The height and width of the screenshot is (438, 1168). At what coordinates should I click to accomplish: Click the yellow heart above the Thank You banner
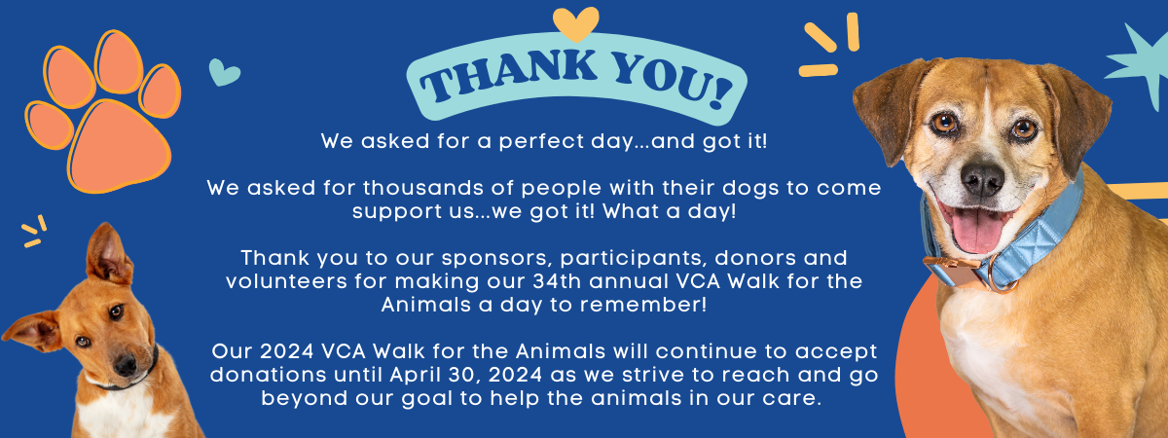pos(575,23)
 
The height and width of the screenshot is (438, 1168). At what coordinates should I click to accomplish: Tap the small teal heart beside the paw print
pos(224,72)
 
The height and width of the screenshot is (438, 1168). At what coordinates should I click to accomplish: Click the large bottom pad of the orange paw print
pos(120,146)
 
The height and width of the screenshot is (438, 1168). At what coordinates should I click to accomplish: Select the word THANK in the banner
pos(509,76)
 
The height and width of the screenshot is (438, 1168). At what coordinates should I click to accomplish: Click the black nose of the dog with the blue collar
pos(982,179)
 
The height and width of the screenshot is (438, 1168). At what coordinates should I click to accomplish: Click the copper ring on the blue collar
pos(1001,274)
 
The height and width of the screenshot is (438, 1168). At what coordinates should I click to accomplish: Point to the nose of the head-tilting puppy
pos(126,365)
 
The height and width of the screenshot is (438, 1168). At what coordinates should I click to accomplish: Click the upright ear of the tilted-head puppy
pos(107,254)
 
